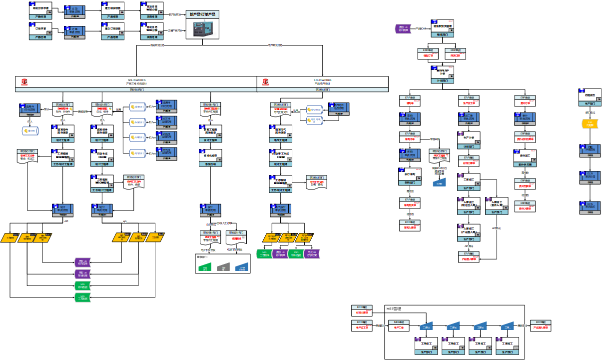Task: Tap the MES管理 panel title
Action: coord(394,309)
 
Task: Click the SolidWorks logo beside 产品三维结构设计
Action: coord(24,81)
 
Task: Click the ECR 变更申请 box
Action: coord(590,177)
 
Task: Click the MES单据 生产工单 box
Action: coord(399,326)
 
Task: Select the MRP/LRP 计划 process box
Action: coord(442,73)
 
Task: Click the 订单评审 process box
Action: coord(40,30)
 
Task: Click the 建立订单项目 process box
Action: coord(113,30)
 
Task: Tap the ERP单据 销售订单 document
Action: coord(428,53)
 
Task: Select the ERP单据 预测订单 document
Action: coord(455,53)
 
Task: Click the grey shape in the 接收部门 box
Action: coord(223,267)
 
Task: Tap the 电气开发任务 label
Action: coord(275,45)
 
